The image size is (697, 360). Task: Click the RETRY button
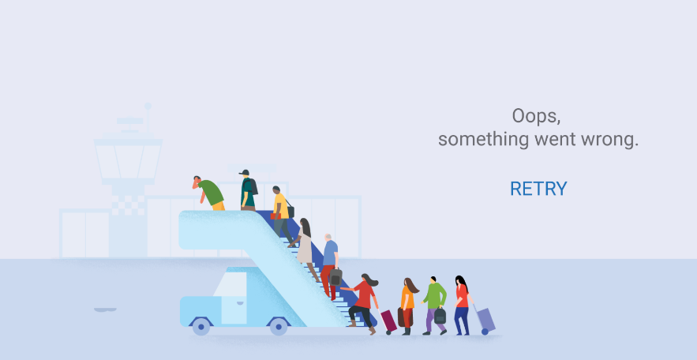click(538, 189)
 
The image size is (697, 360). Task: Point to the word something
click(484, 140)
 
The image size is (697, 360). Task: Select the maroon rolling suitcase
click(388, 321)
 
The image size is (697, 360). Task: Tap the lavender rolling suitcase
click(485, 320)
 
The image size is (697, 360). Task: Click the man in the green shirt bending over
click(208, 193)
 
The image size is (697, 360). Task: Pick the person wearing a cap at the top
click(249, 189)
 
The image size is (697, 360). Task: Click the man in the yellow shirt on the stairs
click(281, 213)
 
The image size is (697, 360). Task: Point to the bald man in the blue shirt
click(329, 265)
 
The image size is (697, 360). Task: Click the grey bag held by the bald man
click(335, 277)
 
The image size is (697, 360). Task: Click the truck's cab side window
click(230, 283)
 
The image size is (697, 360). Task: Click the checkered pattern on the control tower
click(128, 205)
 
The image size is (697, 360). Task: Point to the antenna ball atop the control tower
click(148, 107)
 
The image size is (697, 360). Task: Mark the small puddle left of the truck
click(105, 309)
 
